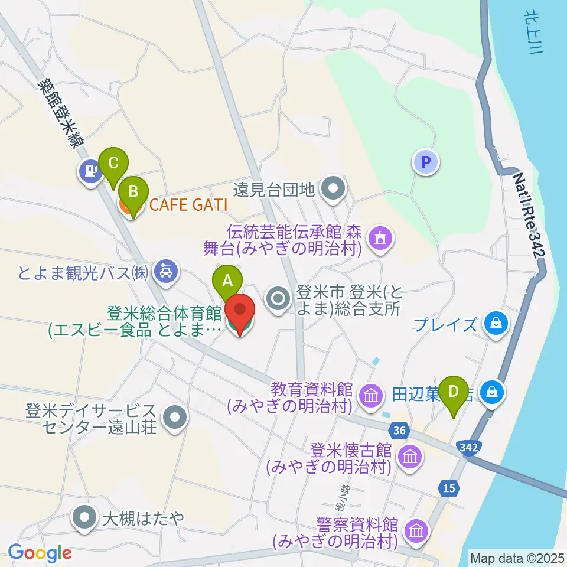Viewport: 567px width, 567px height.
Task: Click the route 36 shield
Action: (399, 431)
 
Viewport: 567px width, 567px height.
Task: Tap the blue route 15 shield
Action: (449, 488)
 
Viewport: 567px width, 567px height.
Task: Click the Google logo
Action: (40, 553)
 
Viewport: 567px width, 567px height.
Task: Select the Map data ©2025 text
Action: (516, 558)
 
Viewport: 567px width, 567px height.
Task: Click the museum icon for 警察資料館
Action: (417, 530)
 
